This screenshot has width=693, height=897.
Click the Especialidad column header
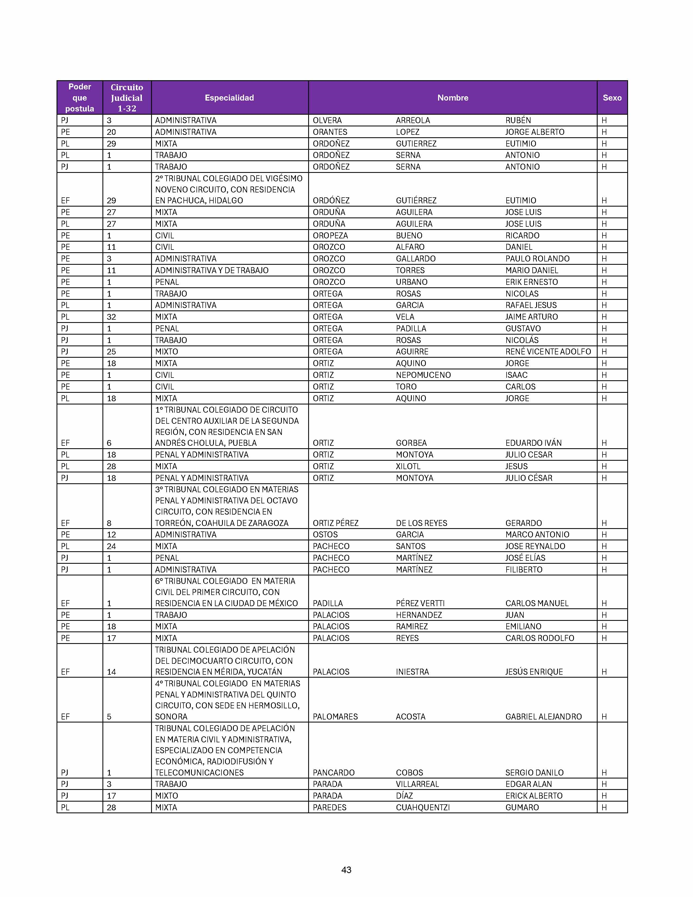tap(229, 98)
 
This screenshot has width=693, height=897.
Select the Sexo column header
tap(612, 98)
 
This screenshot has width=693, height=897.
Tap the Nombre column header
tap(452, 98)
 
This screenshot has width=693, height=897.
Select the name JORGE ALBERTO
tap(535, 132)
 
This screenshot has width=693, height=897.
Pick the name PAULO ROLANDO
tap(537, 259)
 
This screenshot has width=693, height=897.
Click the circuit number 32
tap(111, 317)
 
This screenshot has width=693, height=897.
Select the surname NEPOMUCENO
tap(423, 375)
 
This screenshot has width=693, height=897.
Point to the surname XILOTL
tap(408, 466)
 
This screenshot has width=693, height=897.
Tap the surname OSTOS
tap(325, 535)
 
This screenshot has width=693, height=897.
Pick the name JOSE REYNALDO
tap(535, 546)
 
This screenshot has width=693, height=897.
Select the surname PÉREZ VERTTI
tap(420, 603)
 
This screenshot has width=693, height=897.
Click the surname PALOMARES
tap(335, 717)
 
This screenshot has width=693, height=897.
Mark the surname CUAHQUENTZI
tap(422, 808)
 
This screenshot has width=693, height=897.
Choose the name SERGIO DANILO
tap(534, 773)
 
